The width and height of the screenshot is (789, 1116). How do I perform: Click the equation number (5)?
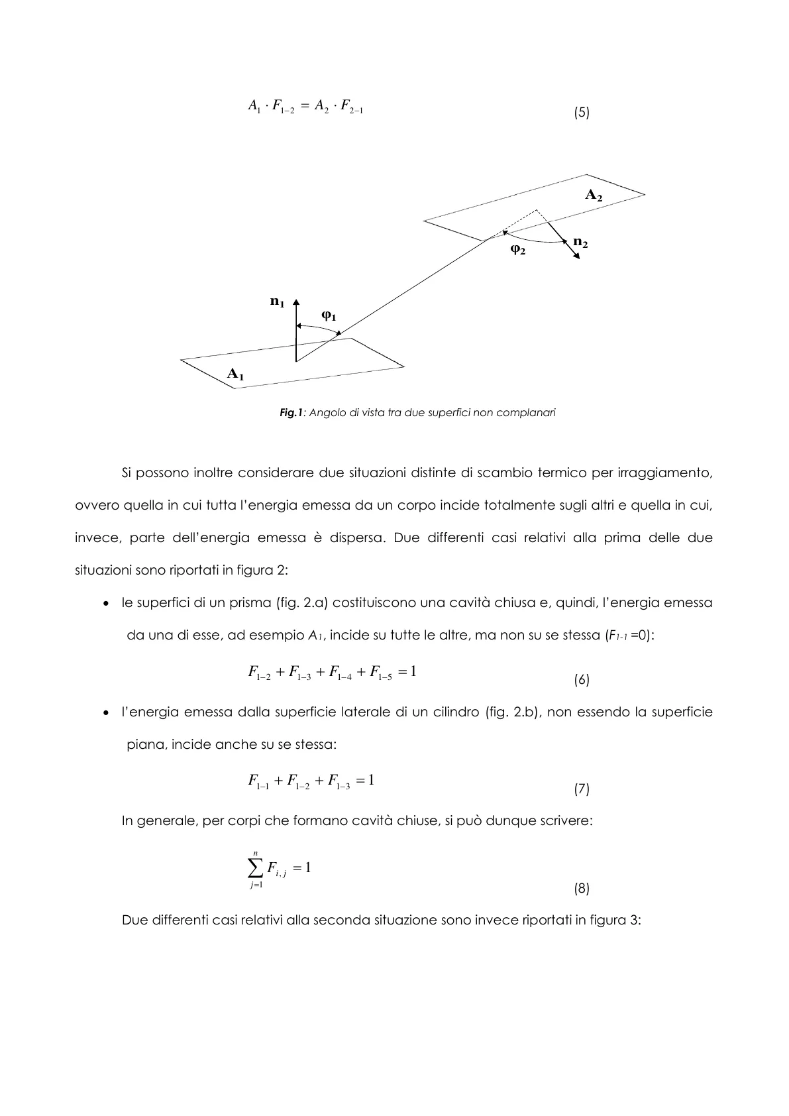[x=581, y=113]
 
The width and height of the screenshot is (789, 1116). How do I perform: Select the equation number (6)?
[x=581, y=680]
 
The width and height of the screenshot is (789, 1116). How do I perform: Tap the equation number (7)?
[x=581, y=789]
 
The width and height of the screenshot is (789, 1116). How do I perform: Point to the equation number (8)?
[x=581, y=889]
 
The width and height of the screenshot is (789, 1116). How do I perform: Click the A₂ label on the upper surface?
[x=593, y=195]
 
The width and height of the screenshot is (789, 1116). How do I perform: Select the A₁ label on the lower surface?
[x=235, y=374]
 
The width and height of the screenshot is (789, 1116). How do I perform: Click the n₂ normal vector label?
[x=580, y=243]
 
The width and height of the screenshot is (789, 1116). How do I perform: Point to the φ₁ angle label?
[x=329, y=316]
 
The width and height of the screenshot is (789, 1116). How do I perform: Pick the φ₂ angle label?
[x=518, y=250]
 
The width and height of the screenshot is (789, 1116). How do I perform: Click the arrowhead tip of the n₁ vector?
[x=297, y=298]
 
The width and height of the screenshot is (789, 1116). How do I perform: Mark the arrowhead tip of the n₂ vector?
[x=580, y=259]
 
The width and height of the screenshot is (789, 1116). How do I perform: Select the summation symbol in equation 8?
[x=255, y=867]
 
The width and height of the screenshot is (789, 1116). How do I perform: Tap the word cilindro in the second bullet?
[x=452, y=712]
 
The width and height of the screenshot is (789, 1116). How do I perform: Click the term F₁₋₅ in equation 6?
[x=381, y=673]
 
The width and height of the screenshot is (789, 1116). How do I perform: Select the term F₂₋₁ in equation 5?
[x=348, y=106]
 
